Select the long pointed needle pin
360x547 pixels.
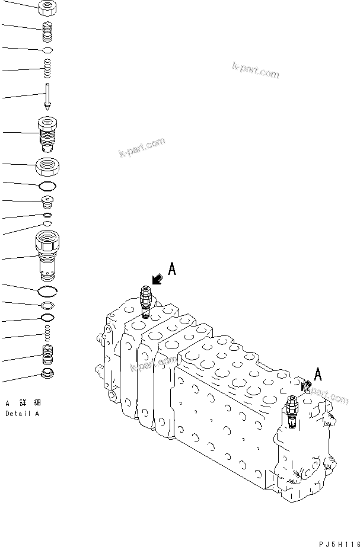[x=46, y=95]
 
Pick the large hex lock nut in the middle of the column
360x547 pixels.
[x=47, y=167]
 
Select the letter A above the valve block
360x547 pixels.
[x=172, y=269]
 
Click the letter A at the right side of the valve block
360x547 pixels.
[x=318, y=374]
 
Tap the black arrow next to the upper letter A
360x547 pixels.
[x=158, y=279]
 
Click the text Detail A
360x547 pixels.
[x=22, y=414]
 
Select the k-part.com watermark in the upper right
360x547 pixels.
[x=255, y=71]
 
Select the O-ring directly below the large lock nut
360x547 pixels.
[x=47, y=187]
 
